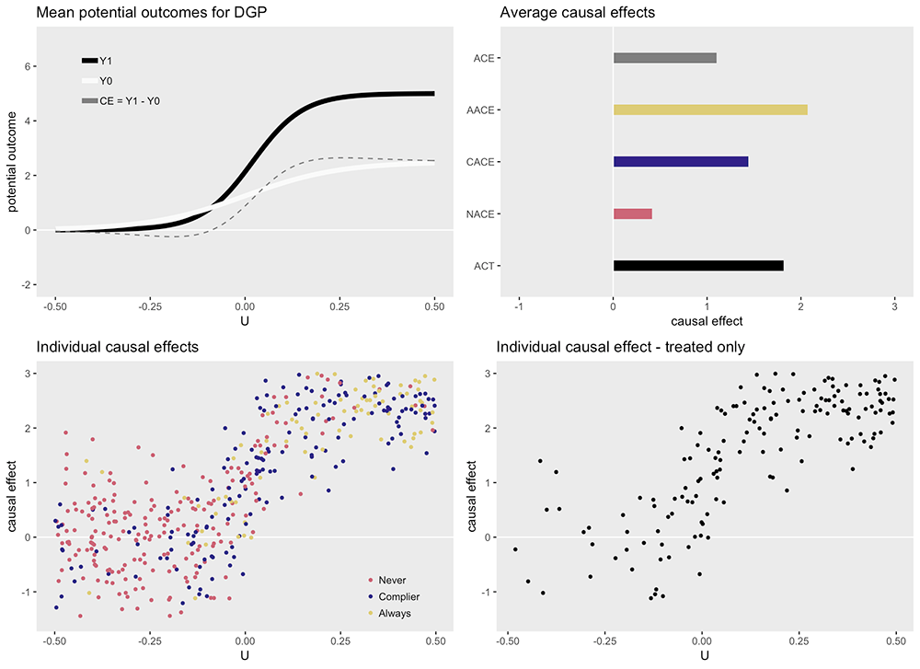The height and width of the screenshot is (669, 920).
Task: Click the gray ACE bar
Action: click(664, 58)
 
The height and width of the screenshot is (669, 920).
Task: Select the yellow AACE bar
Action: click(710, 110)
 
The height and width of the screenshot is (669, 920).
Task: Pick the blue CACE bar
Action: click(681, 162)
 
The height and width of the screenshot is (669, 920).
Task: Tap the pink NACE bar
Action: click(633, 213)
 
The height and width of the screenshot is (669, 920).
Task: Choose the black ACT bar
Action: click(698, 266)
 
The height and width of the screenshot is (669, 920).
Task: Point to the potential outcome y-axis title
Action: click(15, 161)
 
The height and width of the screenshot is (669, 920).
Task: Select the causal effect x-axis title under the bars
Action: click(707, 321)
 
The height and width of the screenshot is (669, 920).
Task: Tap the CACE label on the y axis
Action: click(482, 162)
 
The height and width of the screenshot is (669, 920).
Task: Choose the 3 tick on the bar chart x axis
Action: click(895, 306)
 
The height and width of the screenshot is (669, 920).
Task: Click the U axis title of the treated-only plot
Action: click(704, 655)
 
